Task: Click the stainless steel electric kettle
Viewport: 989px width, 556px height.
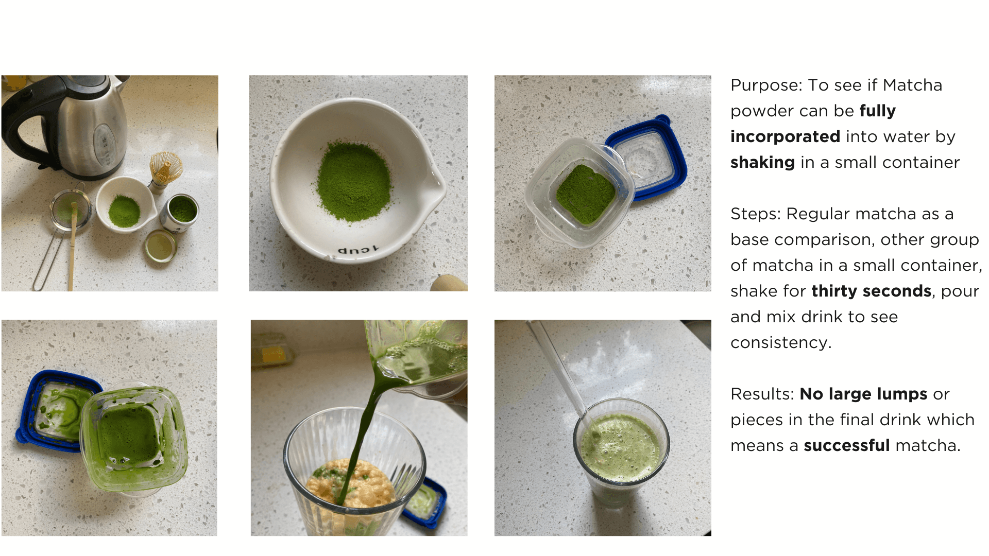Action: click(77, 126)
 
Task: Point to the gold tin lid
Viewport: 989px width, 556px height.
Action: click(160, 246)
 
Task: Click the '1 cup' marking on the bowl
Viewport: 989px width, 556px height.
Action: click(358, 251)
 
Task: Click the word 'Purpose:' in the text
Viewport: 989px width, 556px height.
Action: click(766, 85)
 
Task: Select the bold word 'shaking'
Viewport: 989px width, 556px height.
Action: click(763, 163)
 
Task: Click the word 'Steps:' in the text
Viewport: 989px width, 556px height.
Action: click(756, 214)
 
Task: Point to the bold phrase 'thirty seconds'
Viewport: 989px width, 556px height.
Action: click(872, 291)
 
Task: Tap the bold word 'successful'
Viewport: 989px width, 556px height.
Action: click(847, 446)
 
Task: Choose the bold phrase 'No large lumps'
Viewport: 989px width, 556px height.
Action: click(863, 394)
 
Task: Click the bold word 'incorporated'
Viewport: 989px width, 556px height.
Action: click(786, 137)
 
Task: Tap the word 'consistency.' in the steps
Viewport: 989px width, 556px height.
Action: click(781, 343)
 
